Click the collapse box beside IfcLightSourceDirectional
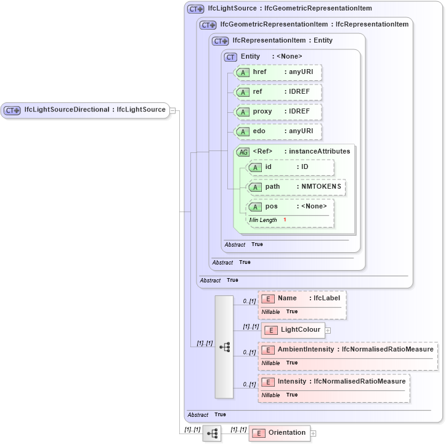click(173, 110)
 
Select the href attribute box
click(279, 73)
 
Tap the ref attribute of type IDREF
click(279, 92)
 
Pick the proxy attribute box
click(279, 112)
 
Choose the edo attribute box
click(279, 131)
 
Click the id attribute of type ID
click(291, 167)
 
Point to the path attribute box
click(296, 187)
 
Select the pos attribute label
click(271, 207)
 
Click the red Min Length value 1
click(285, 220)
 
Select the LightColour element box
click(293, 330)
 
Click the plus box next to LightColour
click(328, 331)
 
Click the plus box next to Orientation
click(314, 434)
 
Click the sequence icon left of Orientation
click(212, 434)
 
